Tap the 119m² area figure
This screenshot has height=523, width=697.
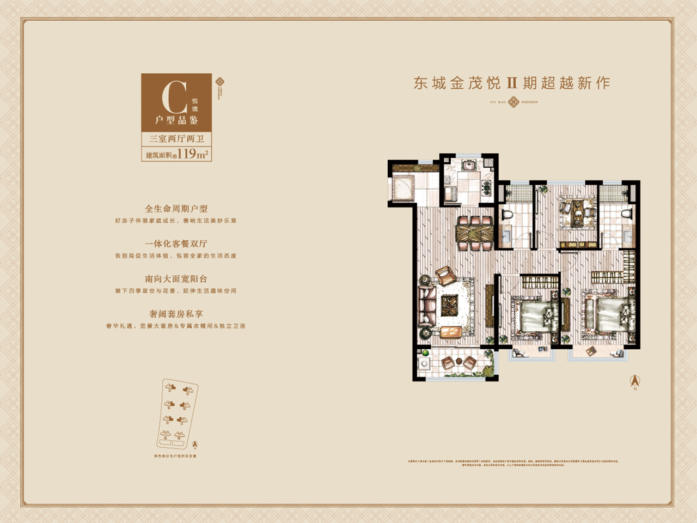click(192, 154)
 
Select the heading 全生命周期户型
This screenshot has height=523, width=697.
click(176, 209)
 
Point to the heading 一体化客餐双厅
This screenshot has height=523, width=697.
click(176, 244)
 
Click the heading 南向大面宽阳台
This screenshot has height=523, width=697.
click(176, 279)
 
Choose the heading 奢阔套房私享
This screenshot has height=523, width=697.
click(176, 314)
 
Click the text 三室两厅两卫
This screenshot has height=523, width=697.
click(176, 139)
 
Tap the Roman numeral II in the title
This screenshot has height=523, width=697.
click(511, 83)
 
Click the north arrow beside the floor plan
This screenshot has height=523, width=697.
click(635, 381)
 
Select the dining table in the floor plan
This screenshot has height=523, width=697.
click(475, 233)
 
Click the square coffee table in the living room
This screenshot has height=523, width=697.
click(450, 306)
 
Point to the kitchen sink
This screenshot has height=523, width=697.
click(469, 165)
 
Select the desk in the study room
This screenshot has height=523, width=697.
click(578, 209)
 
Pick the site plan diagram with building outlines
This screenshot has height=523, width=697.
click(178, 414)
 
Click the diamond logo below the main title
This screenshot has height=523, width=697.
click(513, 102)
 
